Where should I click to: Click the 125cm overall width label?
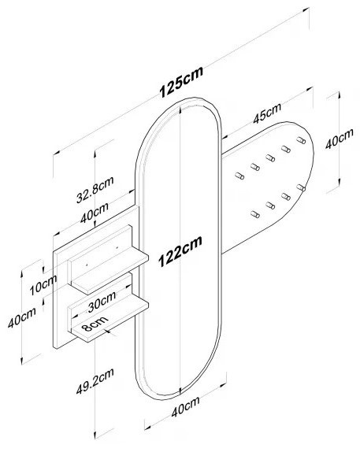tap(181, 82)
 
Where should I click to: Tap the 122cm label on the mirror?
tap(180, 251)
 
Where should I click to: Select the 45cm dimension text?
tap(267, 113)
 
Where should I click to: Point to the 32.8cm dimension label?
tap(95, 189)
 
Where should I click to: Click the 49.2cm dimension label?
tap(95, 380)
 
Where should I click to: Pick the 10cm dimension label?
tap(43, 285)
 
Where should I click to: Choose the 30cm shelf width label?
tap(102, 302)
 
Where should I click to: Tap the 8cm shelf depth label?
tap(95, 323)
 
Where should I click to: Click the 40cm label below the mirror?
tap(185, 407)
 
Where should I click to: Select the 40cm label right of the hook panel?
tap(340, 139)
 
